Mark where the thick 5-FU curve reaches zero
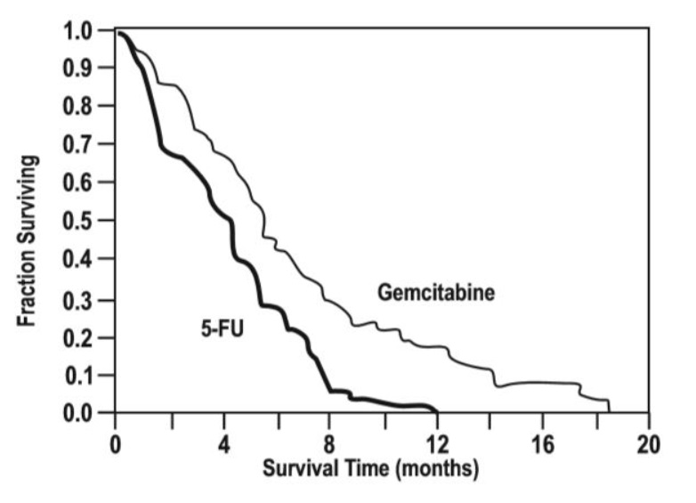pos(436,410)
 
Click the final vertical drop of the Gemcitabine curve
pos(609,406)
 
